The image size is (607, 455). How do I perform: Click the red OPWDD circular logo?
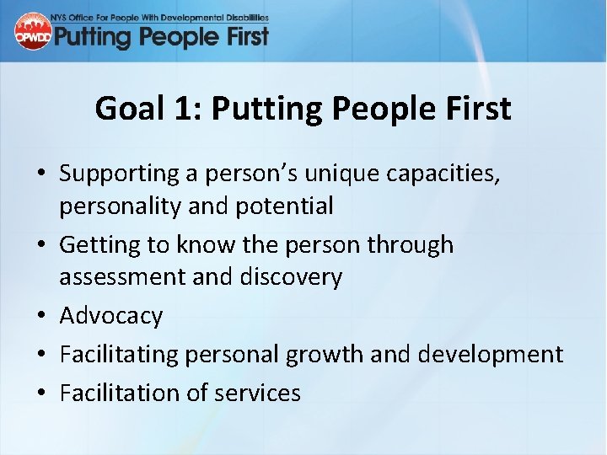click(33, 31)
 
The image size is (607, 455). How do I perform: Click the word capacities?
click(459, 174)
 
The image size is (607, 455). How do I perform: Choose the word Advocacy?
click(111, 316)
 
